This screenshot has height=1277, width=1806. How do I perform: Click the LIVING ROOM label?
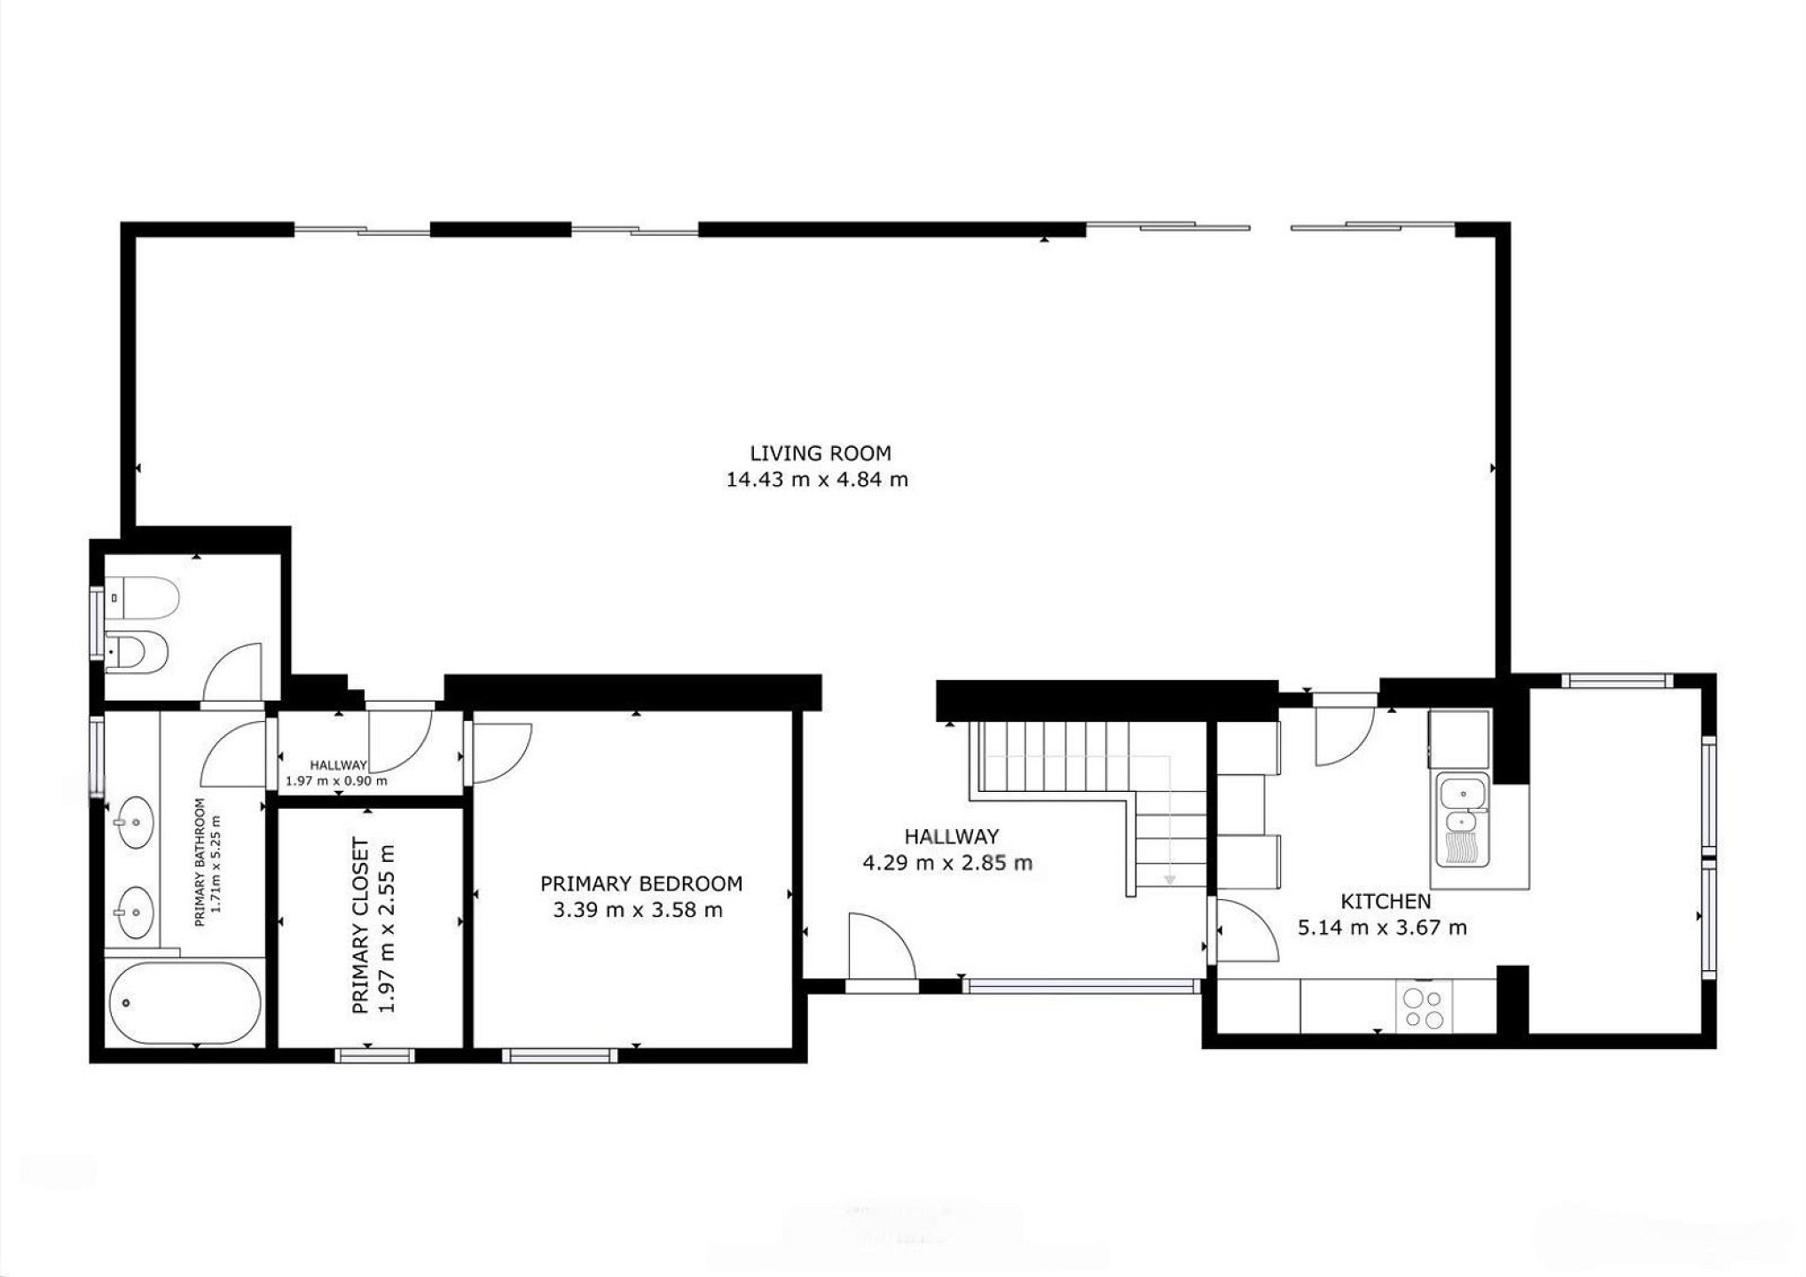coord(821,453)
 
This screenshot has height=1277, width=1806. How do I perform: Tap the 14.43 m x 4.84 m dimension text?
coord(817,480)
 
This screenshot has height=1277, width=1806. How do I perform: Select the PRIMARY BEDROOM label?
coord(641,883)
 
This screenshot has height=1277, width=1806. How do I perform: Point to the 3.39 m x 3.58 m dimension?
coord(638,910)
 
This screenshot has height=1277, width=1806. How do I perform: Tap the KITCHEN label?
coord(1386,902)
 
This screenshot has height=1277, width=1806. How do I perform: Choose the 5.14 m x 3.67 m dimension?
coord(1382,928)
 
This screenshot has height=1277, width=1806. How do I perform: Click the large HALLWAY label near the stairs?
coord(952,836)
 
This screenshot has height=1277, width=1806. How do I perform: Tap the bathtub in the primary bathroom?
coord(185,1003)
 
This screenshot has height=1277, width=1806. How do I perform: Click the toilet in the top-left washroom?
coord(142,597)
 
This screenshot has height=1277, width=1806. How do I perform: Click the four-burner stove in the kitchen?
coord(1424,1007)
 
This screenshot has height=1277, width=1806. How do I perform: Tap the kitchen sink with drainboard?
coord(1464,820)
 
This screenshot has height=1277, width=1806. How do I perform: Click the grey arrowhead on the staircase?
coord(1170,880)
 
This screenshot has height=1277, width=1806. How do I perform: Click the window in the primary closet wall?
coord(374,1055)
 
